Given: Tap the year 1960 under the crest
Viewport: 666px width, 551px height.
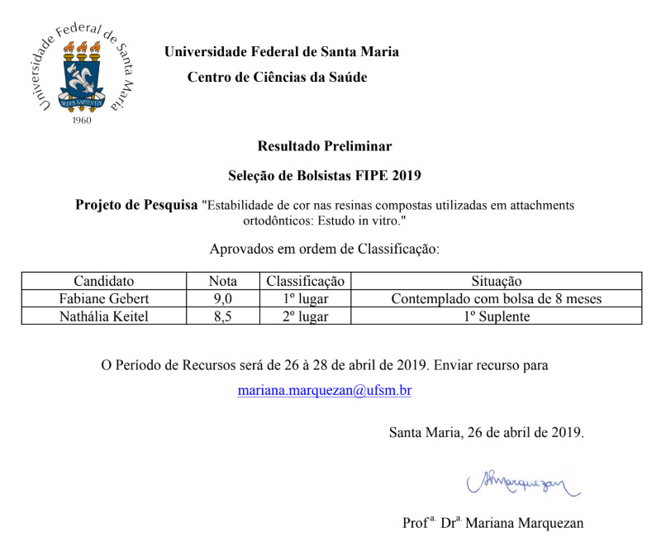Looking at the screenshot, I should coord(82,121).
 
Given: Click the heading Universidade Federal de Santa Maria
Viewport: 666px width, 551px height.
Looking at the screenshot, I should coord(281,52).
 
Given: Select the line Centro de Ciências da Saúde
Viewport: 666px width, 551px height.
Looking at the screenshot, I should coord(277,78).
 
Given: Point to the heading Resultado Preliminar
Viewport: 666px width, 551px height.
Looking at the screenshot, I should coord(325,146).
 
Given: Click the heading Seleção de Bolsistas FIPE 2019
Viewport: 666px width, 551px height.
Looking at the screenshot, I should coord(325,175).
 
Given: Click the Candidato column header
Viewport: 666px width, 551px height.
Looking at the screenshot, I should coord(103,281).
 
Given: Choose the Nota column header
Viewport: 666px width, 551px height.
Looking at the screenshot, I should coord(222,281).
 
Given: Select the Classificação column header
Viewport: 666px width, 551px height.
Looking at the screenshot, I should coord(305,281).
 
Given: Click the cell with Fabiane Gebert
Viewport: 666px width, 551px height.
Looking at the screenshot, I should coord(103,298).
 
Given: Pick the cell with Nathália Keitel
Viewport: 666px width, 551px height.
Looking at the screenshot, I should coord(103,316).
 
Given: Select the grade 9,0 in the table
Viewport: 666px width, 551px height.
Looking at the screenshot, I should coord(222,298).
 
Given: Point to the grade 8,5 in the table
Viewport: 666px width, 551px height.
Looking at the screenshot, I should coord(222,316).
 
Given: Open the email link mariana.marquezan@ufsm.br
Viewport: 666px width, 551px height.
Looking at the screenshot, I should coord(324,391).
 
